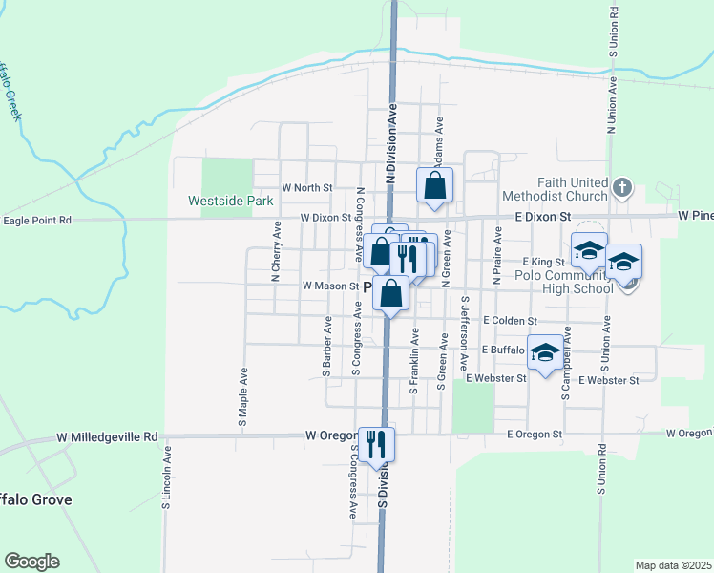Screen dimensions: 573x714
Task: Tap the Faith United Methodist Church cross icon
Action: click(x=622, y=186)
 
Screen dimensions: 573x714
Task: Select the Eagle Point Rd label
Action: click(x=37, y=220)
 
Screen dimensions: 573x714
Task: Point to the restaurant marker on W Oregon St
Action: click(x=376, y=442)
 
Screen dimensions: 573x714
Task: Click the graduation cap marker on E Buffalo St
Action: click(x=545, y=353)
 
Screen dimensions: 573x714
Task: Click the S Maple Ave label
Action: click(x=242, y=395)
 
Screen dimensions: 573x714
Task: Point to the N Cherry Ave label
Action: click(x=276, y=253)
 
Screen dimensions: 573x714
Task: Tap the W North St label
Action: click(x=306, y=188)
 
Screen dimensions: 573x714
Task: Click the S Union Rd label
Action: click(x=602, y=468)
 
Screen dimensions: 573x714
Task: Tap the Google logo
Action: click(x=31, y=562)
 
